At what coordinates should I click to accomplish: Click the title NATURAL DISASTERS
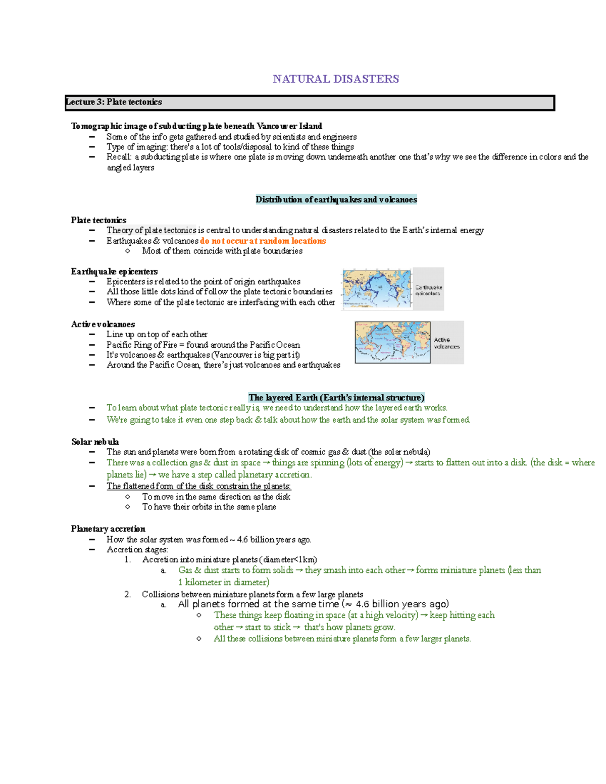coord(336,79)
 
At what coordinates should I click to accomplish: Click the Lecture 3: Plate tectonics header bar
coord(310,102)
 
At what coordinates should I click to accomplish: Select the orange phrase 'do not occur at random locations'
coord(263,241)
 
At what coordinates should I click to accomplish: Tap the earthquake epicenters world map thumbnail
coord(377,289)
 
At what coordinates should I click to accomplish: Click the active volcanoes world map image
coord(392,342)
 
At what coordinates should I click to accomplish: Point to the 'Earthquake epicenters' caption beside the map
coord(428,290)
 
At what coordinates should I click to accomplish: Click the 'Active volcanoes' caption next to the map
coord(447,343)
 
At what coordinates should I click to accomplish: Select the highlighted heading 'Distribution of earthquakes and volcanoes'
coord(336,199)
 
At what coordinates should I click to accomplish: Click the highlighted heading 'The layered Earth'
coord(336,397)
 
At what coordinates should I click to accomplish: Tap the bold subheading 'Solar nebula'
coord(95,442)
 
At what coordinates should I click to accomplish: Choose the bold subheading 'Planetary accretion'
coord(108,529)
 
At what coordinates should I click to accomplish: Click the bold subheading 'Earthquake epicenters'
coord(114,272)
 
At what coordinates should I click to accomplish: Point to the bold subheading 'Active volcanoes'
coord(103,324)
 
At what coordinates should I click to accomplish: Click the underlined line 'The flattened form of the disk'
coord(198,486)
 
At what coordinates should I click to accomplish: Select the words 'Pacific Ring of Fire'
coord(142,345)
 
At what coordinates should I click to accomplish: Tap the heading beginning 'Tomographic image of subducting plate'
coord(196,126)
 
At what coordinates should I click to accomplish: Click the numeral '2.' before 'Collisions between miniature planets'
coord(127,594)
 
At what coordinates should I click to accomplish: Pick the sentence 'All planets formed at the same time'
coord(313,604)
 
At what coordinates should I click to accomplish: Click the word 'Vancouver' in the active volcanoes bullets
coord(231,355)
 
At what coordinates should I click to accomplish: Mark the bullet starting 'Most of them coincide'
coord(222,251)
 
